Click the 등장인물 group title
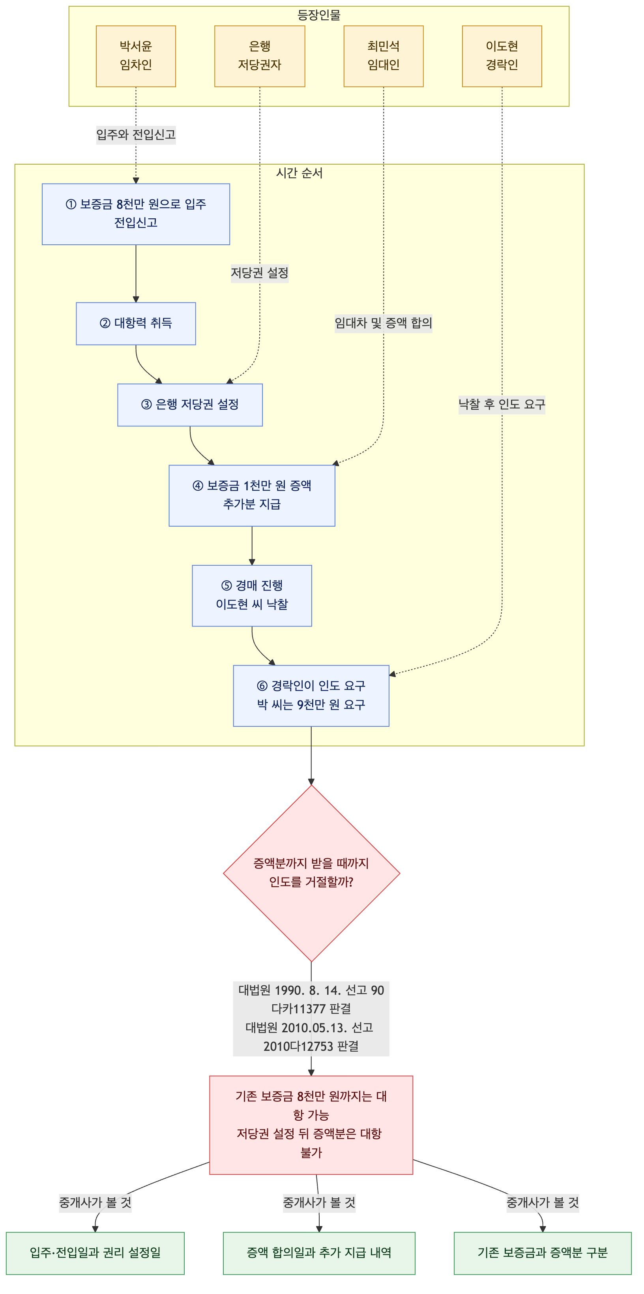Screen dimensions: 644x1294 pyautogui.click(x=319, y=15)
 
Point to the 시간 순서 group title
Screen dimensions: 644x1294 pyautogui.click(x=300, y=173)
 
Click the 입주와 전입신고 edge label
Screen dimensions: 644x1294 pyautogui.click(x=136, y=135)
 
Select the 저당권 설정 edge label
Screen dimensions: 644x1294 pyautogui.click(x=260, y=273)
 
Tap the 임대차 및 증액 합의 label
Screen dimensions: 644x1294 pyautogui.click(x=383, y=323)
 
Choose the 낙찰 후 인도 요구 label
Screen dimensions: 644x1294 pyautogui.click(x=502, y=404)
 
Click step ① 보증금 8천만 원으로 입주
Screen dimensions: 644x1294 pyautogui.click(x=136, y=214)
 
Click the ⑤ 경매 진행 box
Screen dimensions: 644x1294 pyautogui.click(x=252, y=596)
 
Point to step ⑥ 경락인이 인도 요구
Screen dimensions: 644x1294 pyautogui.click(x=311, y=696)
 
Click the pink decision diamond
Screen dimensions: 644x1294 pyautogui.click(x=311, y=874)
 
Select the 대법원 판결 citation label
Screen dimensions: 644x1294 pyautogui.click(x=311, y=1018)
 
